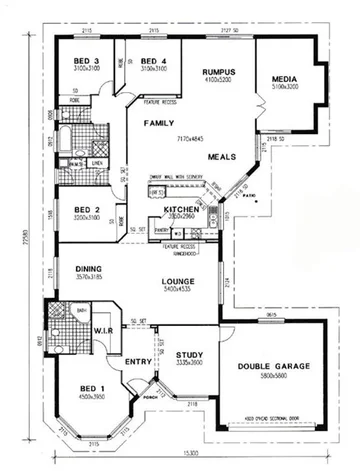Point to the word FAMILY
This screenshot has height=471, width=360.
(159, 123)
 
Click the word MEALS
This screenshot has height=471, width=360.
(222, 157)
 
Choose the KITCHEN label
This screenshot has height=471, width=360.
(181, 208)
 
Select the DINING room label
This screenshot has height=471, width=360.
(90, 268)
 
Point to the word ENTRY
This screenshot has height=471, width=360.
(137, 361)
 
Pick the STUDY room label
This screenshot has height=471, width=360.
(189, 354)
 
